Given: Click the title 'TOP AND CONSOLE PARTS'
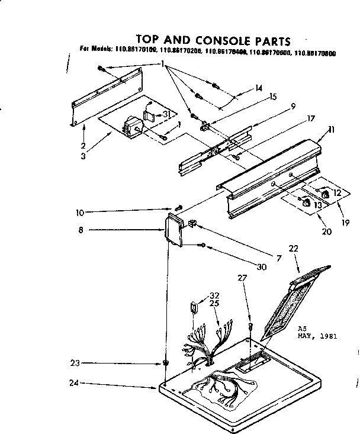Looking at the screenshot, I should coord(213,41).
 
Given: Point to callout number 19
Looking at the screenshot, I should coord(346,223).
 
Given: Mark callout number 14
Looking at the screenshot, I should coord(259,88).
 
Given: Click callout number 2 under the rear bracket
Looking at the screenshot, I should coord(83,146).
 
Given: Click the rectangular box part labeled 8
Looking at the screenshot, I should coord(173,230).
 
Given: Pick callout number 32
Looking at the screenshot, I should coord(214,295).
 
